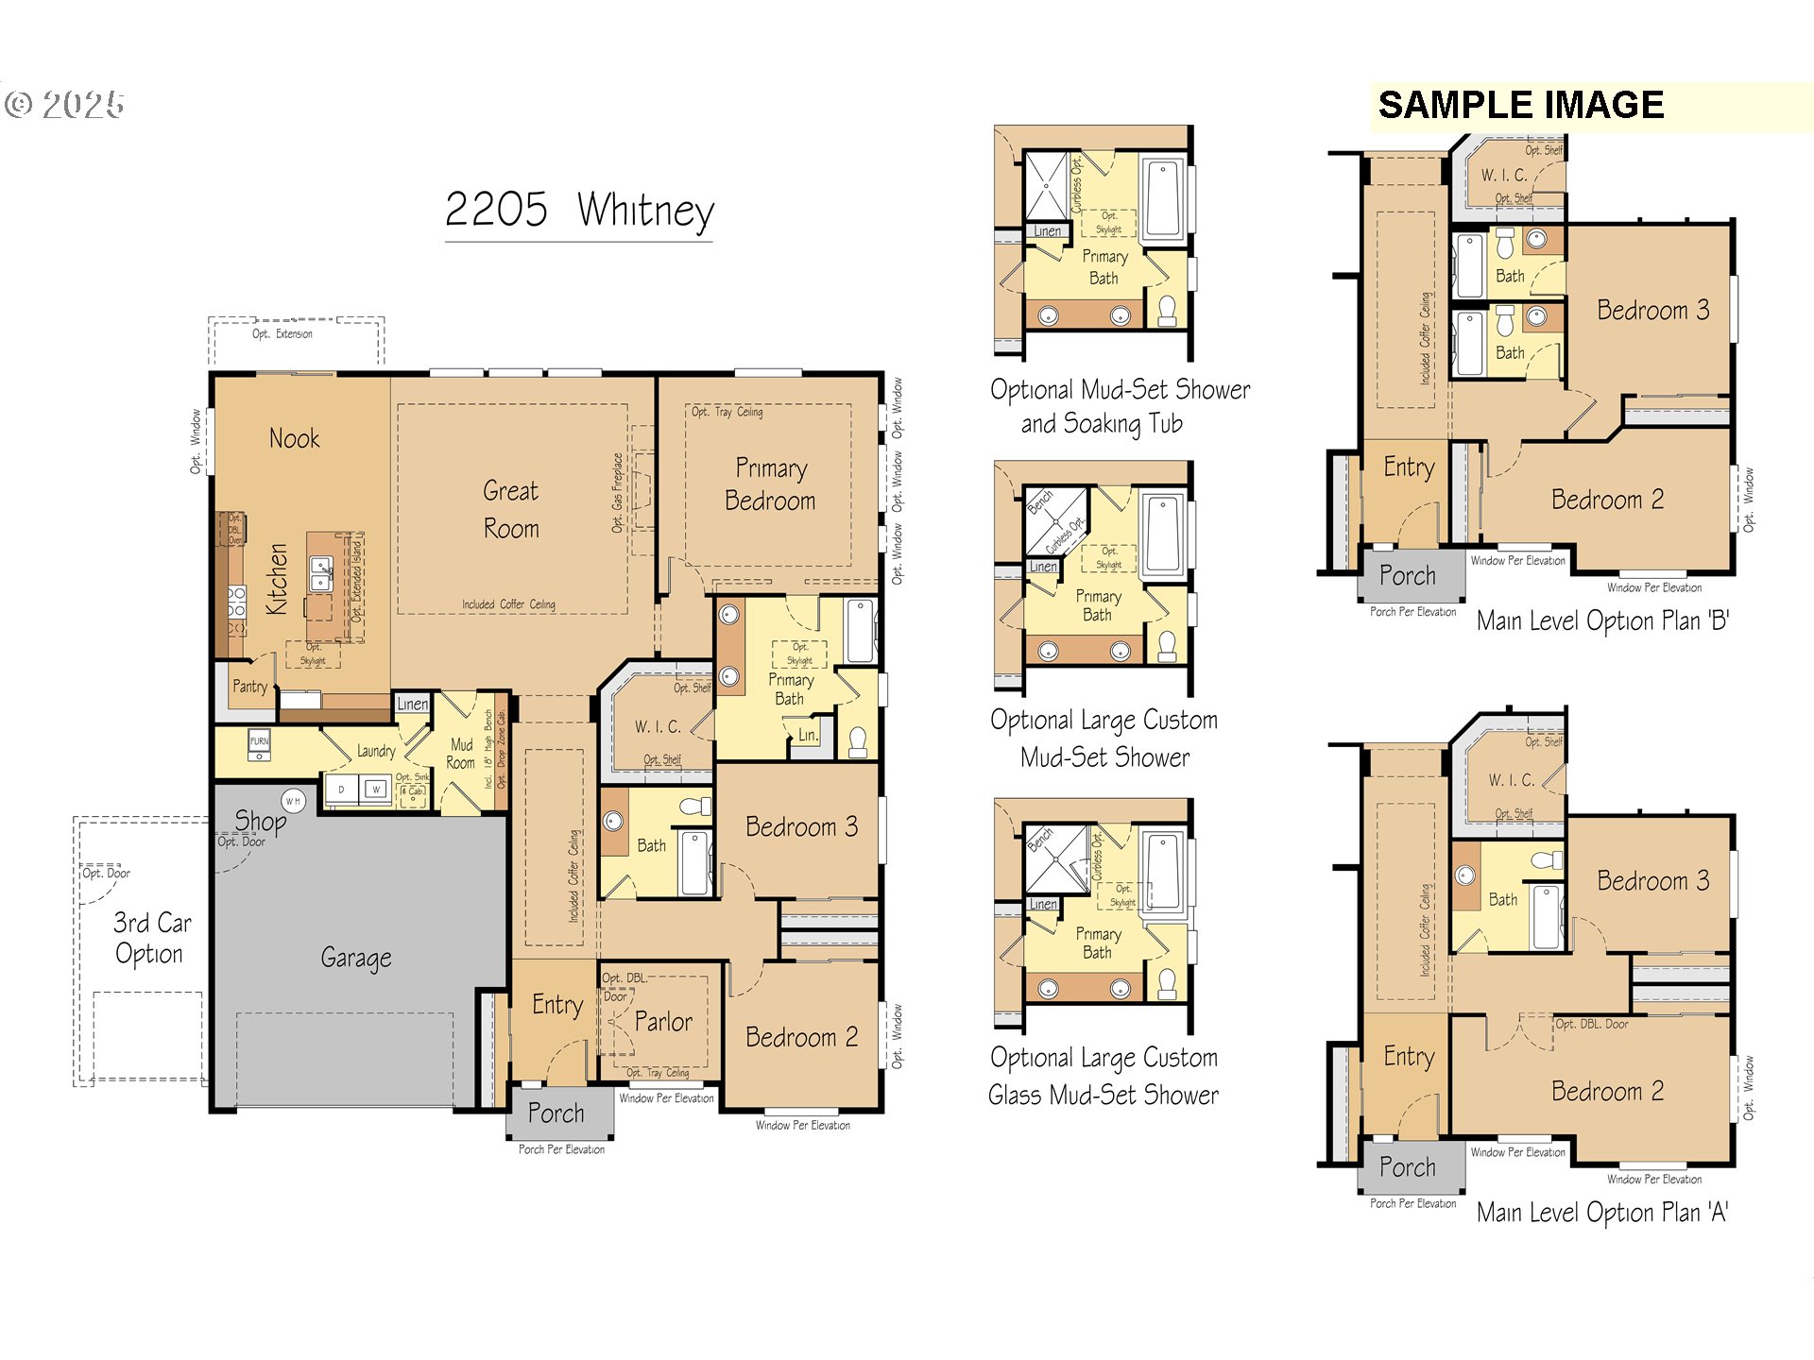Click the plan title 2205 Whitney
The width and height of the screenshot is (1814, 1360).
click(x=578, y=210)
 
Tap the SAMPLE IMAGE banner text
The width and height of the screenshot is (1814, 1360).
click(x=1520, y=105)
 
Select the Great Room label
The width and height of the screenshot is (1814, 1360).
click(x=510, y=509)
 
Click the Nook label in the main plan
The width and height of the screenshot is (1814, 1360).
click(x=294, y=438)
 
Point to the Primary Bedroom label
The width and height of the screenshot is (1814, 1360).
click(x=770, y=484)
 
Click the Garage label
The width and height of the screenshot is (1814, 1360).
click(x=355, y=958)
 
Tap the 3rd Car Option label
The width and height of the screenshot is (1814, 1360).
click(x=151, y=938)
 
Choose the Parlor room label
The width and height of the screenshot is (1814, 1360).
click(x=662, y=1022)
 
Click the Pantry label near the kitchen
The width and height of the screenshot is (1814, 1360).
click(x=249, y=687)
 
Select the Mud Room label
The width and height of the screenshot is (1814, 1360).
click(x=461, y=754)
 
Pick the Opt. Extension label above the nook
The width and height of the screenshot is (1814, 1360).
click(x=282, y=333)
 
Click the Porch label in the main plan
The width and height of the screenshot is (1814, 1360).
click(x=556, y=1113)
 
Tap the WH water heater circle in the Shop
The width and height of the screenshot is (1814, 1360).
click(x=294, y=801)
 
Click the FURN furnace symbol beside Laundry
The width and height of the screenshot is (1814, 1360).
click(x=259, y=742)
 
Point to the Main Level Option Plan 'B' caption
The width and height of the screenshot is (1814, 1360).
click(x=1602, y=620)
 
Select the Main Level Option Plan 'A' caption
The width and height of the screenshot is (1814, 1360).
click(x=1602, y=1212)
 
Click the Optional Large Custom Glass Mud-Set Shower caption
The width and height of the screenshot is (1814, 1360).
click(x=1104, y=1076)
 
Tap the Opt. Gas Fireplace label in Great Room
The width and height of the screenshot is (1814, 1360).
click(x=617, y=492)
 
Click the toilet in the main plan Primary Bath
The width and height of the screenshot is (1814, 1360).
click(x=858, y=741)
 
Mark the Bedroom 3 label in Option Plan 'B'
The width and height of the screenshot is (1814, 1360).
click(x=1652, y=311)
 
